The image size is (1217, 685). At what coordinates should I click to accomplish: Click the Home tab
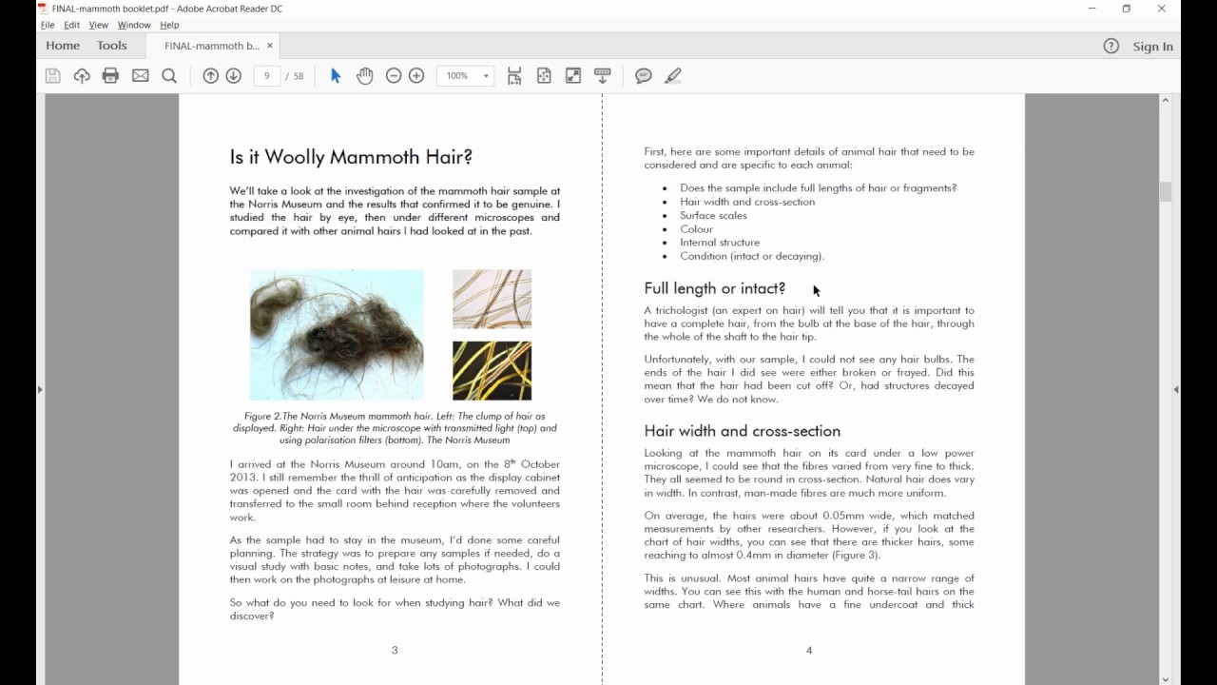click(x=63, y=46)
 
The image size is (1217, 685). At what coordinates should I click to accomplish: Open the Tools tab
click(x=111, y=46)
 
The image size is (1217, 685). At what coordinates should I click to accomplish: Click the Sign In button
click(x=1152, y=47)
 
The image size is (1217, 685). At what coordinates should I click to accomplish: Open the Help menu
click(x=169, y=25)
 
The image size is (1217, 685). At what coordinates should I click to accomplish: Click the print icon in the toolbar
click(x=110, y=76)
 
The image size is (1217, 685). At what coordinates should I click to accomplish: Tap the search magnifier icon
click(x=169, y=76)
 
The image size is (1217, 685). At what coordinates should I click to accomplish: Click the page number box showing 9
click(x=267, y=76)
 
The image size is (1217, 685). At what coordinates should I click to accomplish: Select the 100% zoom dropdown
click(x=465, y=76)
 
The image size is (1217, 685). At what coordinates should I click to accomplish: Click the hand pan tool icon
click(x=365, y=76)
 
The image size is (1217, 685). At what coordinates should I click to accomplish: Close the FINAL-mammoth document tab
click(x=270, y=46)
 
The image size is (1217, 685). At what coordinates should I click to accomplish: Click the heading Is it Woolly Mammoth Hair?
click(x=351, y=157)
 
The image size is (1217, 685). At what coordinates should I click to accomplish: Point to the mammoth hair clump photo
click(x=337, y=334)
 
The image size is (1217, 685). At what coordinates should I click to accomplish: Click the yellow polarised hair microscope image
click(x=492, y=370)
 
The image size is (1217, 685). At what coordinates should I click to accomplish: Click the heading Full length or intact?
click(x=714, y=288)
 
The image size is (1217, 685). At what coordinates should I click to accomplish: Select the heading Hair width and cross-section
click(x=742, y=431)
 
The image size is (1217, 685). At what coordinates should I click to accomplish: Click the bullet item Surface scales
click(x=713, y=215)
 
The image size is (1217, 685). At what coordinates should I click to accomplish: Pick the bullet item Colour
click(x=696, y=229)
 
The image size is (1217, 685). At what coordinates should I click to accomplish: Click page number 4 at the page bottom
click(x=809, y=651)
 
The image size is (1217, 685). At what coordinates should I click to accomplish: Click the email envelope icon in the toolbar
click(x=141, y=76)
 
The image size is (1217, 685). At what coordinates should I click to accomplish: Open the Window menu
click(x=134, y=25)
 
